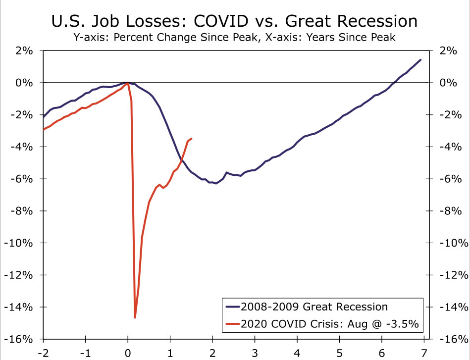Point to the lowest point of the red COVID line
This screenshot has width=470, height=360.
[135, 317]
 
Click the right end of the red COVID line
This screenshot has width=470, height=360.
[192, 139]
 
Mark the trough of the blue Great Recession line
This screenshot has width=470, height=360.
[216, 183]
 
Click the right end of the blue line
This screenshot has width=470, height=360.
[420, 60]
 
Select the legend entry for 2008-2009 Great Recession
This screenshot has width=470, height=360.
[313, 306]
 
